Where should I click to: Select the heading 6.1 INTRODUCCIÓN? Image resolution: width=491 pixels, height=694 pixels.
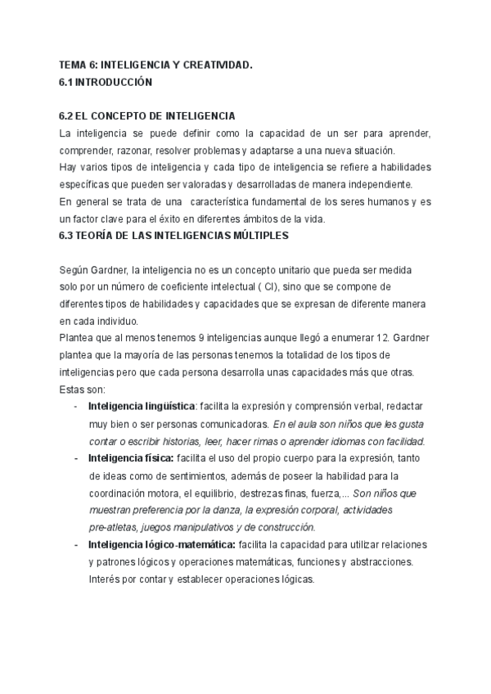tap(106, 83)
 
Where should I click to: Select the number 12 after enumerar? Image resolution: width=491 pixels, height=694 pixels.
tap(360, 337)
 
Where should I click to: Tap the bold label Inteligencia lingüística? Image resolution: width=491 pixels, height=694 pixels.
tap(141, 406)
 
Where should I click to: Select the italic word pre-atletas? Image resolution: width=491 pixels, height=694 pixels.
tap(115, 526)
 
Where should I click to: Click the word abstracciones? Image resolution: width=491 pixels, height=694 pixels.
tap(375, 561)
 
